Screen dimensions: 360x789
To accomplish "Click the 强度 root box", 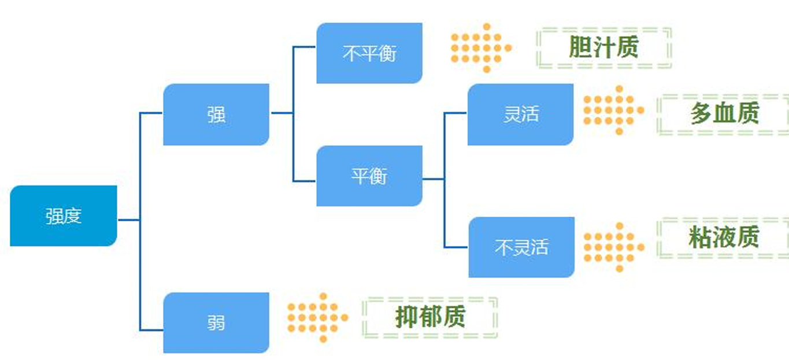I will coord(64,216).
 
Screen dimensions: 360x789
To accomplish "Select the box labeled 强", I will coord(216,114).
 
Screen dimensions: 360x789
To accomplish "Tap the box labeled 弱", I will coord(216,322).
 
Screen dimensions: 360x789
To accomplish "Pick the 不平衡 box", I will coord(369,53).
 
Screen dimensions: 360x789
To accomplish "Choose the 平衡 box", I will coord(369,176).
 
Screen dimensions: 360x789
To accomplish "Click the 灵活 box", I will coord(520,114).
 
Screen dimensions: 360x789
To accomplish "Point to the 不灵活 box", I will coord(521,247).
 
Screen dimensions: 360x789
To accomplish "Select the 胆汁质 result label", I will coord(604,47).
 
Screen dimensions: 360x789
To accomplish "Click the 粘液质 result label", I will coord(724,237).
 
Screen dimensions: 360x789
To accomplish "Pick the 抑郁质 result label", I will coord(430,317).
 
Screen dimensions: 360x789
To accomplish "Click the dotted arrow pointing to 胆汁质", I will coord(480,48).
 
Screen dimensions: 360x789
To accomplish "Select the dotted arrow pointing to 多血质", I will coord(613,110).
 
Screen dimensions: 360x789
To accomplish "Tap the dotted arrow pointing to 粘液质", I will coord(613,247).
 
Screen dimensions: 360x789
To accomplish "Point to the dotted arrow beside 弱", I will coord(317,317).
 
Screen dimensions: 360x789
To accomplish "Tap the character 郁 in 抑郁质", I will coord(430,317).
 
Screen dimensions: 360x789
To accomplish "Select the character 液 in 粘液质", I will coord(724,237).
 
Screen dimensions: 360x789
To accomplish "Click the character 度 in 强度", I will coord(73,216).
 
